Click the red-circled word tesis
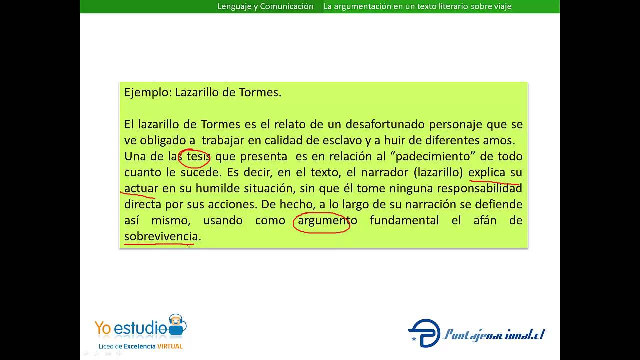click(198, 157)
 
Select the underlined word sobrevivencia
click(161, 237)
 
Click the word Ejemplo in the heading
click(148, 93)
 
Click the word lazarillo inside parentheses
click(438, 173)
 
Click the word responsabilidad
click(479, 189)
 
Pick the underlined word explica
click(486, 173)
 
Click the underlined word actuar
click(141, 189)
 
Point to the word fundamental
click(404, 221)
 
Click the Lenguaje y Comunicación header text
click(265, 6)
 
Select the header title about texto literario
click(417, 6)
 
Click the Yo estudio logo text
click(131, 328)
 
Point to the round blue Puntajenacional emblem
click(424, 333)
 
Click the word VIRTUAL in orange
click(170, 346)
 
